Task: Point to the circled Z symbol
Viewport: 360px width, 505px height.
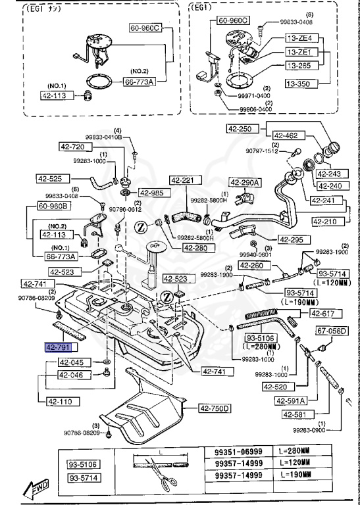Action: pyautogui.click(x=140, y=227)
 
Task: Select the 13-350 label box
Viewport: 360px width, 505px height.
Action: pyautogui.click(x=301, y=84)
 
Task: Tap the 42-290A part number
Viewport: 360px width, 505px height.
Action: pyautogui.click(x=245, y=182)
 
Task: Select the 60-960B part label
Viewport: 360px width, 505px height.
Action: pyautogui.click(x=53, y=206)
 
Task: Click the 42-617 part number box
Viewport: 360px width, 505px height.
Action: pyautogui.click(x=324, y=314)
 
